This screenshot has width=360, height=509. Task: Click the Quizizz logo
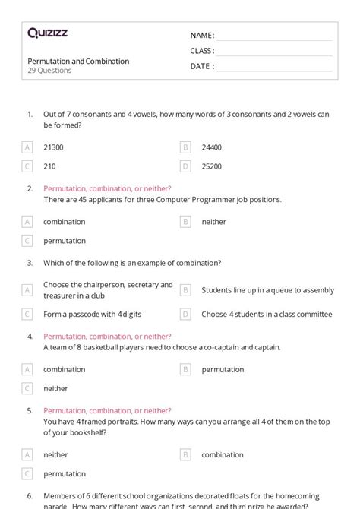pyautogui.click(x=47, y=33)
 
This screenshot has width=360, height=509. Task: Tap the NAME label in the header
pyautogui.click(x=201, y=36)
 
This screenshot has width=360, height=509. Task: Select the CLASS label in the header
pyautogui.click(x=202, y=51)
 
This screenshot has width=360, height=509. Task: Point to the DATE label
pyautogui.click(x=201, y=66)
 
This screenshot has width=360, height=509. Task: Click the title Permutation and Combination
pyautogui.click(x=78, y=61)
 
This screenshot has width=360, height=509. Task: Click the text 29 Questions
pyautogui.click(x=49, y=71)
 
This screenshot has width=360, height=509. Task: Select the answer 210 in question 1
pyautogui.click(x=49, y=166)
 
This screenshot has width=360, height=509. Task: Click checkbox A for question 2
pyautogui.click(x=27, y=222)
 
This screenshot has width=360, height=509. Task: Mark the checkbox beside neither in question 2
pyautogui.click(x=185, y=222)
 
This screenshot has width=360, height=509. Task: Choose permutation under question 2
pyautogui.click(x=64, y=240)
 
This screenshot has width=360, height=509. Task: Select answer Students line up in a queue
pyautogui.click(x=267, y=289)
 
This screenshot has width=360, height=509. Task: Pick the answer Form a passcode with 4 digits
pyautogui.click(x=92, y=314)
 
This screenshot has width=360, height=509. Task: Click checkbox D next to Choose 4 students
pyautogui.click(x=185, y=314)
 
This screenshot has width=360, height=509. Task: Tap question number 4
pyautogui.click(x=30, y=336)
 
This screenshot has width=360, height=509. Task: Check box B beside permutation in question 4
pyautogui.click(x=185, y=369)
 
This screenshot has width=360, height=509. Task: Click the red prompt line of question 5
pyautogui.click(x=107, y=410)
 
